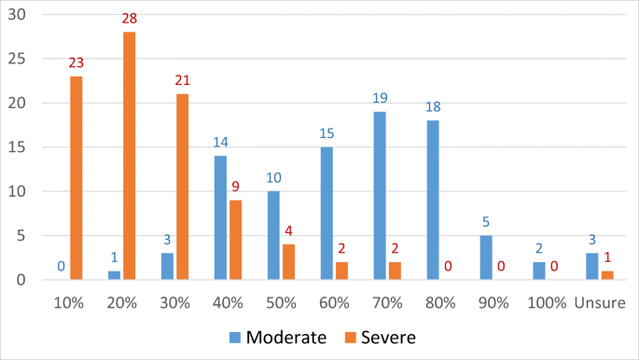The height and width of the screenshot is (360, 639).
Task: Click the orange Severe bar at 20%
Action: tap(129, 156)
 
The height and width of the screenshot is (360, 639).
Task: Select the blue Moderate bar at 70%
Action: tap(379, 196)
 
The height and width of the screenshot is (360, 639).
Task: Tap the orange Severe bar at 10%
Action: tap(76, 178)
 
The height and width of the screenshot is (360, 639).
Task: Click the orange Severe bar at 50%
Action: tap(288, 262)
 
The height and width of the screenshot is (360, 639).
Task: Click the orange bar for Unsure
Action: tap(606, 275)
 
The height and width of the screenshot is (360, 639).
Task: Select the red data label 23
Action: tap(76, 63)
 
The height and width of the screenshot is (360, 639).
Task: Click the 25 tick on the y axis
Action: tap(19, 59)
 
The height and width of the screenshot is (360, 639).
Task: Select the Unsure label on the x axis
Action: tap(600, 303)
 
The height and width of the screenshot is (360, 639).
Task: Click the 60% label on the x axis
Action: tap(334, 303)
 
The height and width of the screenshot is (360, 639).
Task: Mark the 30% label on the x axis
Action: tap(174, 303)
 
